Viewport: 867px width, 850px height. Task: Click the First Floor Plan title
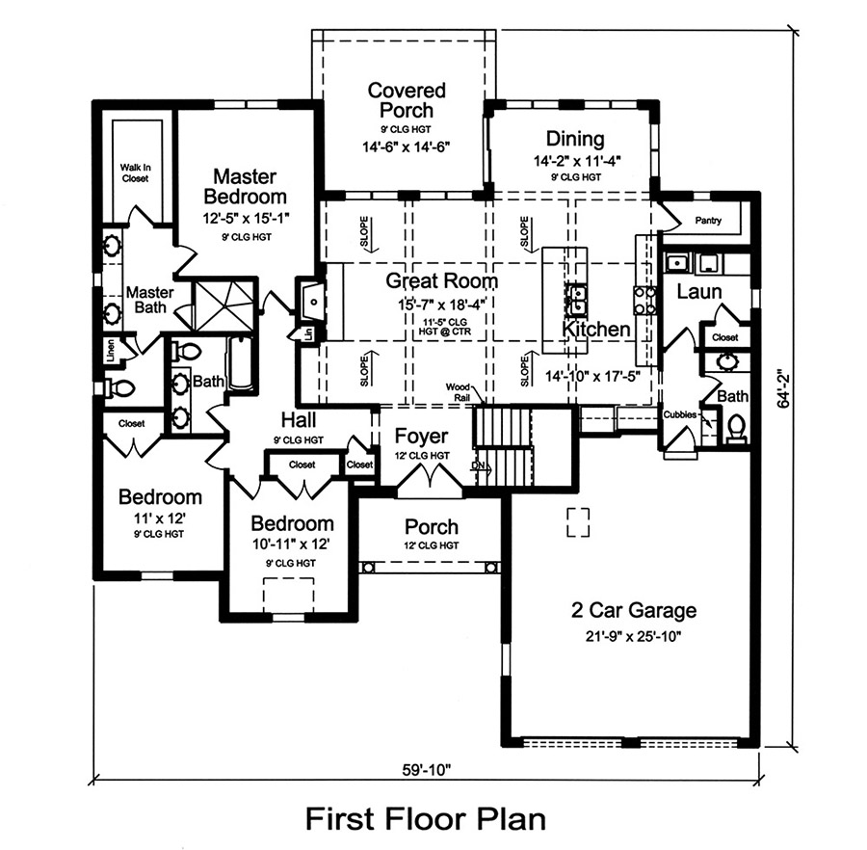[x=426, y=819]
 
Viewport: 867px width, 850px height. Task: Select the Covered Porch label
[x=407, y=100]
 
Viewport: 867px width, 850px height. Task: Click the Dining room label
[x=574, y=139]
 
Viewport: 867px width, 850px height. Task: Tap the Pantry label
[x=708, y=221]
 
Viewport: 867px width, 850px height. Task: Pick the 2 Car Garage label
[x=632, y=610]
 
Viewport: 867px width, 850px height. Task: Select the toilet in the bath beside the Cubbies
[x=737, y=427]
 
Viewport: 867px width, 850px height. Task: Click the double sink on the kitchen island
[x=577, y=300]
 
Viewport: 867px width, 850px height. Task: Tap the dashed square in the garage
[x=577, y=521]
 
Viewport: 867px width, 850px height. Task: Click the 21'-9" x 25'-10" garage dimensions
[x=632, y=636]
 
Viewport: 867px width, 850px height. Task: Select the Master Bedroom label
[x=245, y=187]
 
